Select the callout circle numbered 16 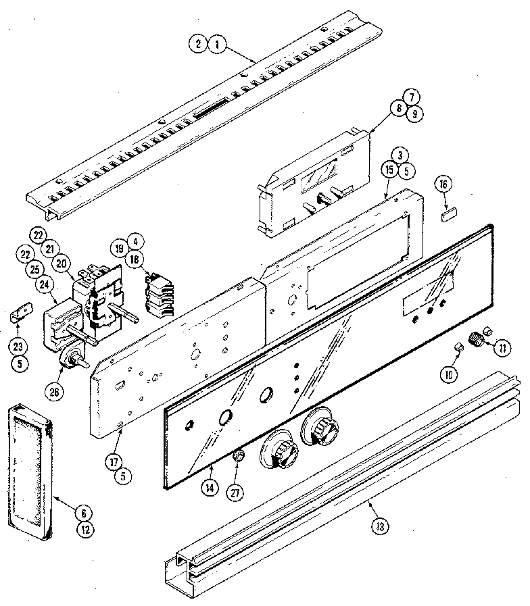pos(443,184)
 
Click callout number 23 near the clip pos(19,347)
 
